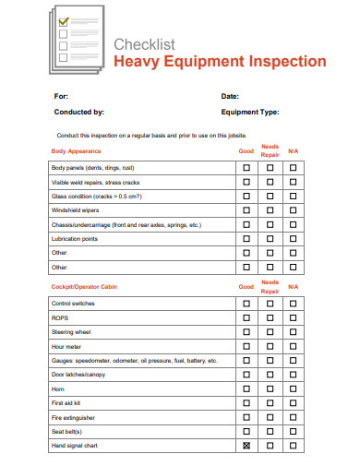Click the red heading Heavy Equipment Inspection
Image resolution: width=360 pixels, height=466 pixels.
[219, 62]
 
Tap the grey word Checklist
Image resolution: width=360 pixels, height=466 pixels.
[144, 43]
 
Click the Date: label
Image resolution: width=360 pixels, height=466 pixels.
[230, 96]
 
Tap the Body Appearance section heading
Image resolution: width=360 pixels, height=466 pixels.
[77, 150]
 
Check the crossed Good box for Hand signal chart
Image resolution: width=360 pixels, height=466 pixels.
[246, 446]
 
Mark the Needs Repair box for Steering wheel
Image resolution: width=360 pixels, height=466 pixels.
[270, 331]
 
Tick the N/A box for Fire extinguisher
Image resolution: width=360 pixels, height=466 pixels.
[294, 417]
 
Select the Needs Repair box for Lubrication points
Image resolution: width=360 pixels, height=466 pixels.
[270, 239]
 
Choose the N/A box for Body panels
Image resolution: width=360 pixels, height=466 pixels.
[294, 169]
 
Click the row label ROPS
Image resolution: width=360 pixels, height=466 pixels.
[60, 317]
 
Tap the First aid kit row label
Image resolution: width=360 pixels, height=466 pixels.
[67, 403]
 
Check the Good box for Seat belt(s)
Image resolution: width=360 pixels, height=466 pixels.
[246, 432]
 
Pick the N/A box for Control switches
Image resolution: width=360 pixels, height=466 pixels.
[294, 304]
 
